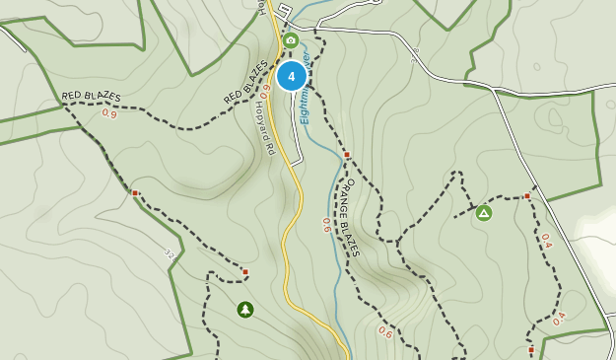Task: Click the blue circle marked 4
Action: coord(291,76)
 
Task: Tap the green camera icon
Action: coord(290,40)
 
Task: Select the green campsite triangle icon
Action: coord(484,212)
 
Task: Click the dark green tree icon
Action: coord(244,310)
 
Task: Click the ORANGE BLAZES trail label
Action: coord(349,217)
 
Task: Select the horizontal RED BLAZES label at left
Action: coord(92,96)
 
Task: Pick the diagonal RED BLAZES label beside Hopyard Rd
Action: coord(245,82)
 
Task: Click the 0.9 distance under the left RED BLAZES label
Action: coord(108,113)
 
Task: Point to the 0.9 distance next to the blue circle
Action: coord(265,90)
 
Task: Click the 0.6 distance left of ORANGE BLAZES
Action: coord(326,225)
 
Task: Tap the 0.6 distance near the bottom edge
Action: coord(385,333)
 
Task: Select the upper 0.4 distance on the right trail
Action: coord(545,239)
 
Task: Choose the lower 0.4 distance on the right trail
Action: coord(559,319)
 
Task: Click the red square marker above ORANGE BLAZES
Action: coord(347,155)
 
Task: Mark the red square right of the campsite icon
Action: coord(527,196)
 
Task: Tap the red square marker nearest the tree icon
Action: coord(245,272)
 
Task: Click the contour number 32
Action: coord(169,254)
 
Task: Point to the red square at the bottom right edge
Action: coord(531,350)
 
